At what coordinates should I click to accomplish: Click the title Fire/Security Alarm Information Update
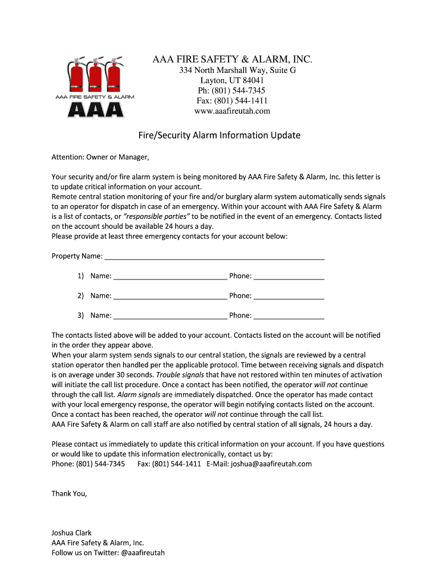click(x=219, y=136)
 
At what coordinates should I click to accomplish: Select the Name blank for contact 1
click(x=170, y=276)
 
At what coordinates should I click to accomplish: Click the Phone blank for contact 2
click(x=288, y=296)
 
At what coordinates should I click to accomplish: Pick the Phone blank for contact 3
click(x=288, y=315)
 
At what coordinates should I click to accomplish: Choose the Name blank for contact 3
click(x=170, y=315)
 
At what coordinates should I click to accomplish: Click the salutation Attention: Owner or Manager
click(x=100, y=157)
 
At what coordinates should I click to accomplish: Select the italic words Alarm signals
click(x=139, y=395)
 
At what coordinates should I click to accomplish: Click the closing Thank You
click(x=70, y=493)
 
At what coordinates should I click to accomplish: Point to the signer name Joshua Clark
click(x=71, y=533)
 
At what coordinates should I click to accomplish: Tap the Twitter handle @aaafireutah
click(x=143, y=553)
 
